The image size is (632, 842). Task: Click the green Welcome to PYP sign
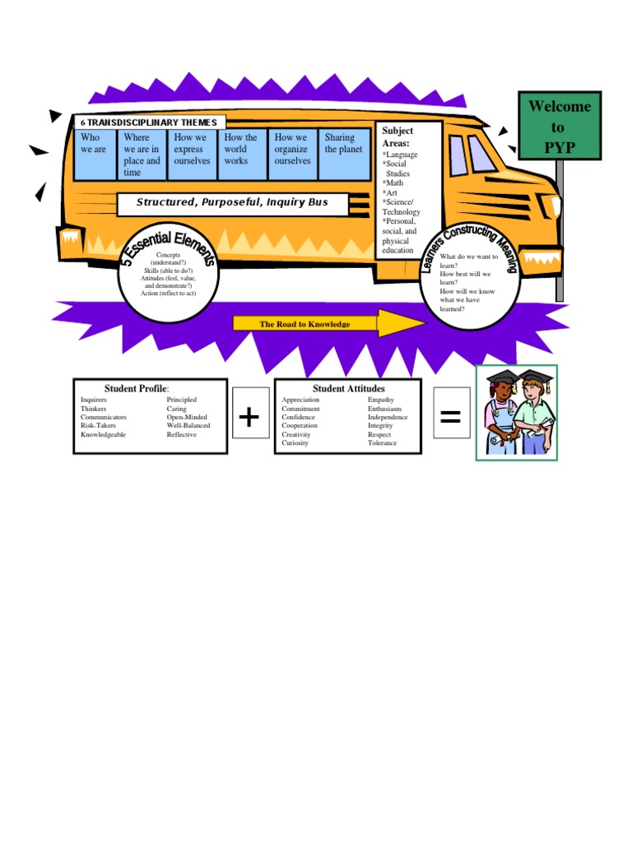(560, 127)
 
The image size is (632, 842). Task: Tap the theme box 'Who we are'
(96, 155)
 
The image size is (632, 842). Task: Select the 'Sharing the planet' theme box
(344, 155)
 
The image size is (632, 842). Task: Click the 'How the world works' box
(243, 155)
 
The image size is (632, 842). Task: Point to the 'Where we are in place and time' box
(142, 155)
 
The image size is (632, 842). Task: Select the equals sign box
(451, 417)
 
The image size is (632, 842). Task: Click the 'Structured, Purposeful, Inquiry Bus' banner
(232, 202)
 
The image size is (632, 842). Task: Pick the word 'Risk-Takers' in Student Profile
(98, 426)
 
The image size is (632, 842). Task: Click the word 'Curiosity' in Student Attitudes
(295, 443)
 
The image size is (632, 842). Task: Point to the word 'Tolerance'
(382, 443)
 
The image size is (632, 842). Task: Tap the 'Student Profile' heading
(136, 388)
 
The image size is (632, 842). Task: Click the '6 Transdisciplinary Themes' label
(149, 123)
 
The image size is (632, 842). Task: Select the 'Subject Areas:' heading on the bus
(398, 136)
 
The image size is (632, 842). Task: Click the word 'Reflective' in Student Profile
(182, 434)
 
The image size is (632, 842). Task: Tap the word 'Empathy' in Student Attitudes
(381, 400)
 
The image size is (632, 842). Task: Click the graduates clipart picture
(517, 412)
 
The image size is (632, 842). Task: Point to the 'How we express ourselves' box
(193, 155)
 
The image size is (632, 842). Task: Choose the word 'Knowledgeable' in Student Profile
(104, 434)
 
